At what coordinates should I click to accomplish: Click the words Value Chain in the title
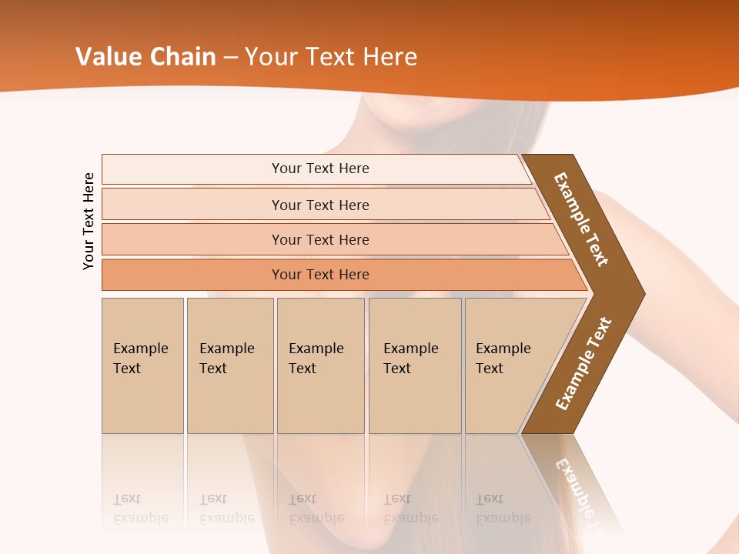pyautogui.click(x=145, y=56)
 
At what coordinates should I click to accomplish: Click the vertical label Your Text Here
pyautogui.click(x=89, y=221)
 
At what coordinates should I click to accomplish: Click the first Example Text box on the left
pyautogui.click(x=142, y=365)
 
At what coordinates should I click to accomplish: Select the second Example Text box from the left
pyautogui.click(x=229, y=365)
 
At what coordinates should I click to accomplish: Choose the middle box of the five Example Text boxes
pyautogui.click(x=320, y=365)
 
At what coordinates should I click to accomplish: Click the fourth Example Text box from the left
pyautogui.click(x=414, y=365)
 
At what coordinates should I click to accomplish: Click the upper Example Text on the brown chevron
pyautogui.click(x=581, y=219)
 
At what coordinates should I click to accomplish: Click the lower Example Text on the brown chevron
pyautogui.click(x=583, y=364)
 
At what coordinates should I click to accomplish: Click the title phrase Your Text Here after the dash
pyautogui.click(x=331, y=56)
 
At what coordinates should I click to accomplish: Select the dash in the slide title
pyautogui.click(x=230, y=57)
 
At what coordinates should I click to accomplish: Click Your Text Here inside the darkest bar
pyautogui.click(x=320, y=275)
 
